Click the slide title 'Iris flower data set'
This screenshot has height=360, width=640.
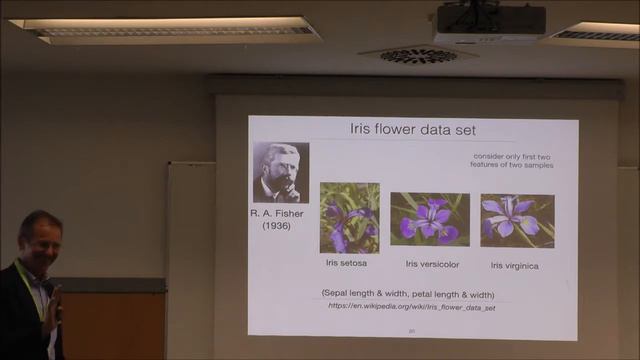coord(411,130)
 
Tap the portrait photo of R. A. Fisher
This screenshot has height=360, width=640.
coord(281,173)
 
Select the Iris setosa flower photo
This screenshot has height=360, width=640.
coord(349,217)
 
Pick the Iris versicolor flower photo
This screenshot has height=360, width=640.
coord(429,219)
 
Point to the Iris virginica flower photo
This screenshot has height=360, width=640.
coord(517,220)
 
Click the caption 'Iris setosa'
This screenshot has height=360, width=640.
coord(346,263)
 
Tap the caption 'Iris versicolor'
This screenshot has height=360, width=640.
coord(431,264)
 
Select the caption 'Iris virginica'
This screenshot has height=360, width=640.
coord(516,265)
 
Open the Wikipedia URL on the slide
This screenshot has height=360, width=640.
coord(412,306)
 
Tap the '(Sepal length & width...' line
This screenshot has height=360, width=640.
coord(408,293)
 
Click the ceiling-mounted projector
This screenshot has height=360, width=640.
coord(490,22)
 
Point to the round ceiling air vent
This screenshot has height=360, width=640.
coord(417,55)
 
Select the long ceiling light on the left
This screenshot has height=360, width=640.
coord(165,30)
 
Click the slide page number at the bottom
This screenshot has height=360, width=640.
coord(410,331)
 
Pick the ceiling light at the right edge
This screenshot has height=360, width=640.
coord(598,34)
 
